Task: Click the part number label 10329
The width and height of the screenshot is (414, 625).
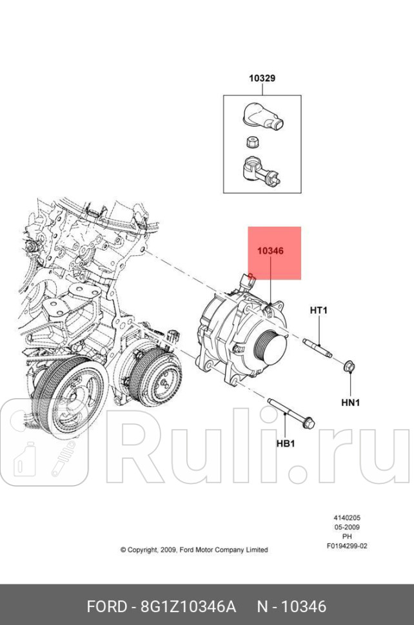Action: (x=262, y=79)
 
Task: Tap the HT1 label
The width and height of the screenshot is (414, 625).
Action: (x=319, y=311)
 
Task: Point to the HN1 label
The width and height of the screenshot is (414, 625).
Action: (x=350, y=403)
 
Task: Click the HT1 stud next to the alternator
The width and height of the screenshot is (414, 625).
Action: (x=316, y=347)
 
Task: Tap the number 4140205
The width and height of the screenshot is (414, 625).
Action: (x=346, y=517)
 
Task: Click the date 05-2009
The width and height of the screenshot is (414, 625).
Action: (x=346, y=526)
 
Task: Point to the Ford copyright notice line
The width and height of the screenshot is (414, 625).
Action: (x=193, y=550)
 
